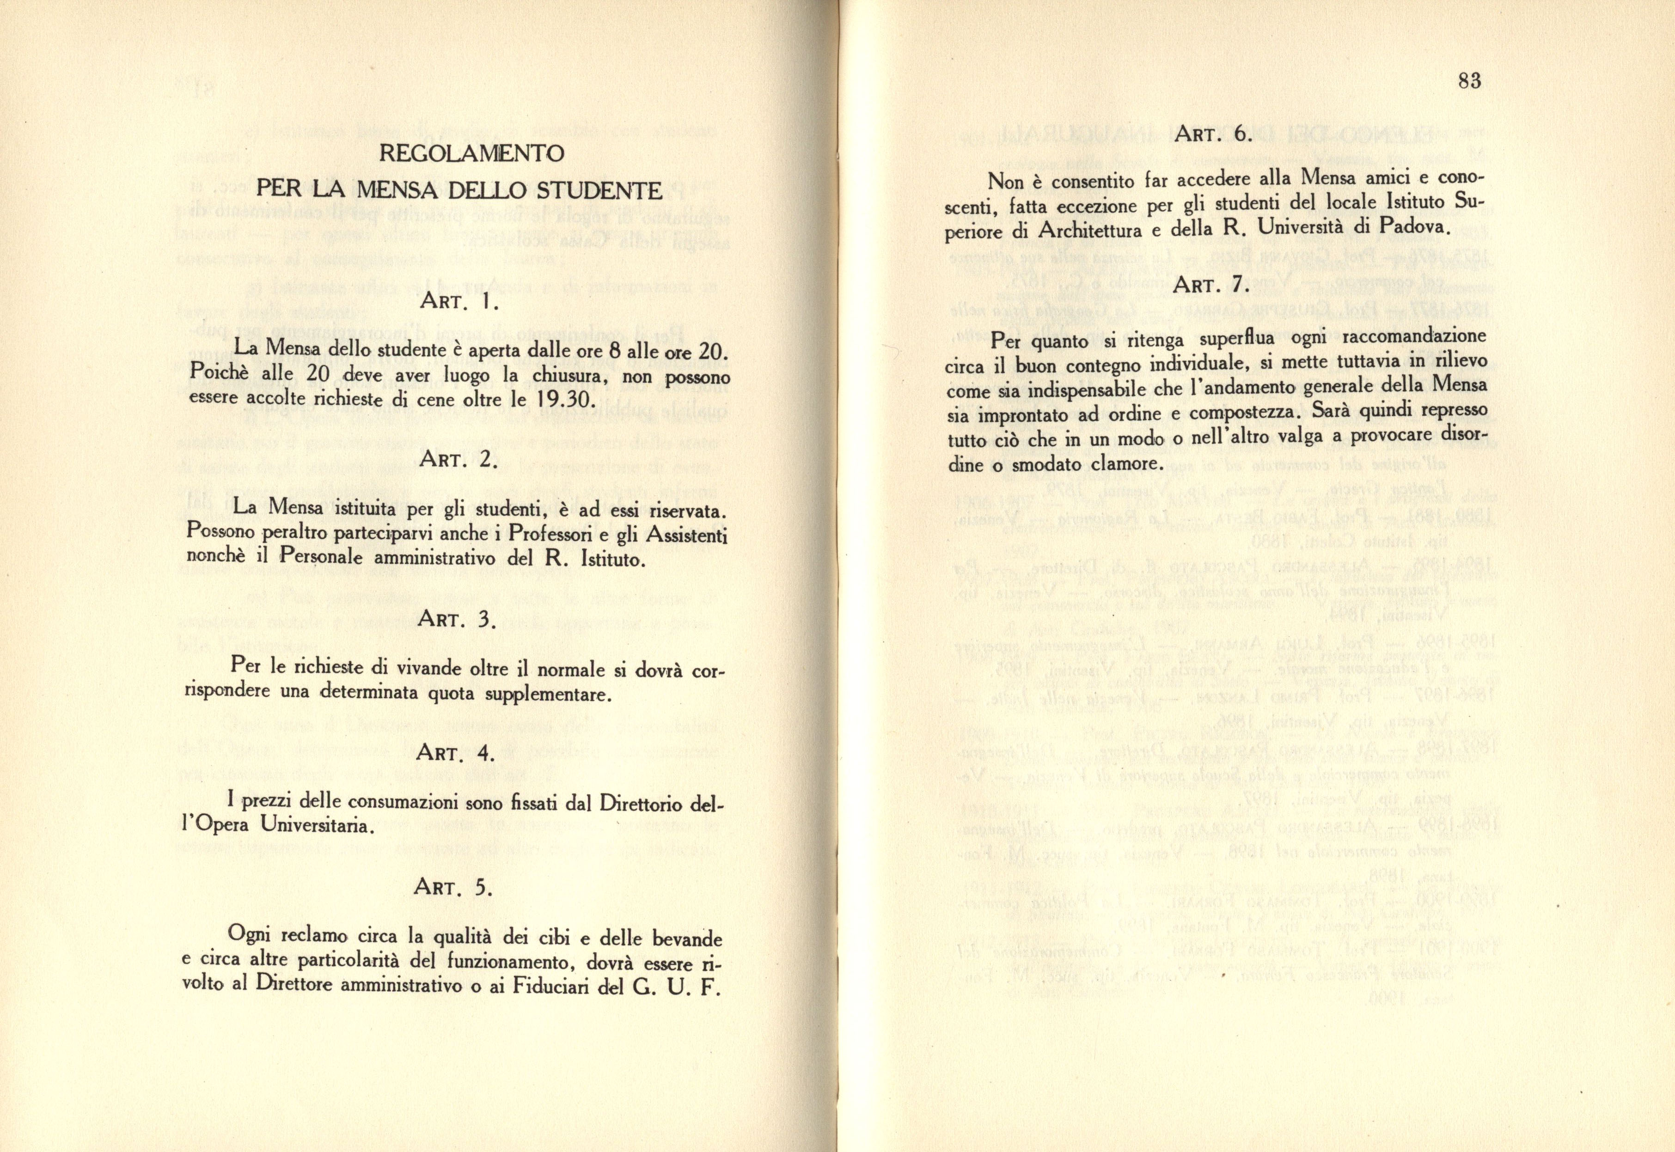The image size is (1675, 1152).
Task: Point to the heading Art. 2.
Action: pyautogui.click(x=458, y=461)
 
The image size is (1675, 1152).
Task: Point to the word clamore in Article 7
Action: pyautogui.click(x=1114, y=465)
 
